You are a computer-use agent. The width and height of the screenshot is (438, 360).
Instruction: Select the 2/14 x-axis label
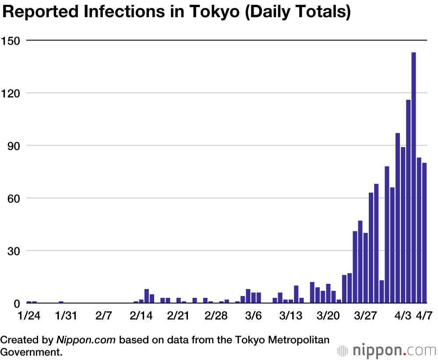(x=141, y=316)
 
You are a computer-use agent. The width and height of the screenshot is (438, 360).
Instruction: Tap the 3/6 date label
(x=253, y=316)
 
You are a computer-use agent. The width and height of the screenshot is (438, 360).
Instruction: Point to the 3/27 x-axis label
(x=366, y=316)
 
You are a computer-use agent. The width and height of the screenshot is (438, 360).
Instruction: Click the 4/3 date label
(x=403, y=316)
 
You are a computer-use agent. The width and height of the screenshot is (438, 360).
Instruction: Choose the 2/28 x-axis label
(x=216, y=316)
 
